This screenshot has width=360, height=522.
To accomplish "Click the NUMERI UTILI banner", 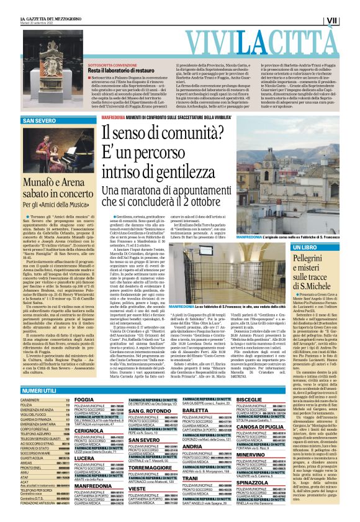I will tap(38, 390).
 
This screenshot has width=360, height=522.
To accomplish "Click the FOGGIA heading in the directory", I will tap(84, 400).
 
